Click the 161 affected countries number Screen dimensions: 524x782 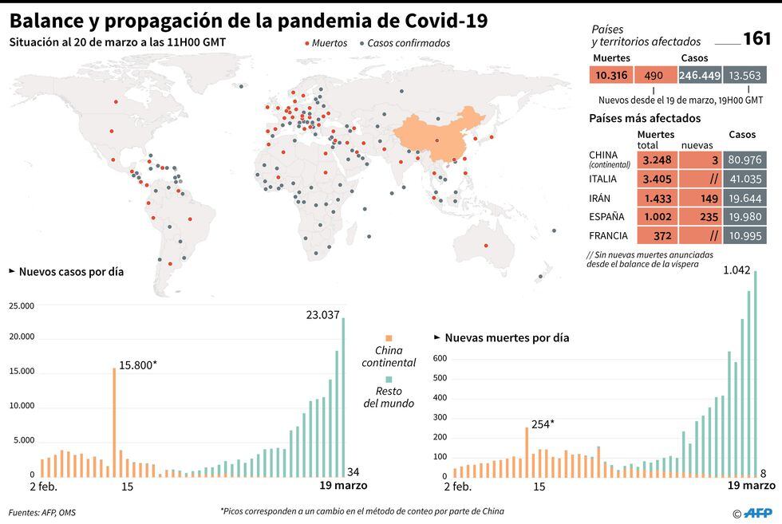pos(756,39)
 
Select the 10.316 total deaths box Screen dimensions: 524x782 pos(611,75)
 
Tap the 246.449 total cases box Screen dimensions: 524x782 pos(700,75)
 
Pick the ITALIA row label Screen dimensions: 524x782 pos(603,179)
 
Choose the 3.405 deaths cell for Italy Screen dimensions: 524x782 pos(656,179)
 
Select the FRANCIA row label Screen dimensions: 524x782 pos(608,236)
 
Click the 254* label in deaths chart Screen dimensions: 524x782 pos(542,424)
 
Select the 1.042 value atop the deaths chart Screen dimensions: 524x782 pos(737,270)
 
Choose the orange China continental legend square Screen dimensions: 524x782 pos(389,338)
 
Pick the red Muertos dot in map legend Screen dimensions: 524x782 pos(307,44)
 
